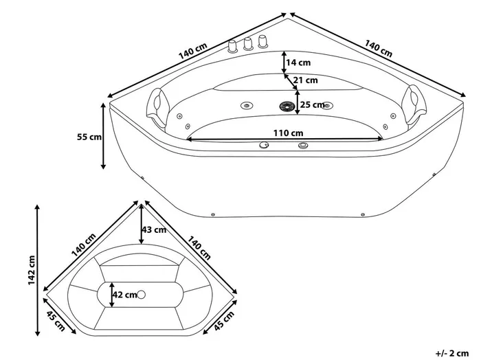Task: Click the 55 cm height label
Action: (x=89, y=137)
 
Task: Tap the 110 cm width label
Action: (x=288, y=133)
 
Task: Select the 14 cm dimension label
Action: (x=298, y=63)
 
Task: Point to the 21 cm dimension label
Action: (x=305, y=80)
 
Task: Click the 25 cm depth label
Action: (x=312, y=105)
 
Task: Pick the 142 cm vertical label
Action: (x=32, y=270)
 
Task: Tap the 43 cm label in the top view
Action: (x=154, y=229)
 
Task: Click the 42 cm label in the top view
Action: (x=124, y=295)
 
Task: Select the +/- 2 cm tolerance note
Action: (x=452, y=353)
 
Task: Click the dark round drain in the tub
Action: (x=287, y=106)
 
